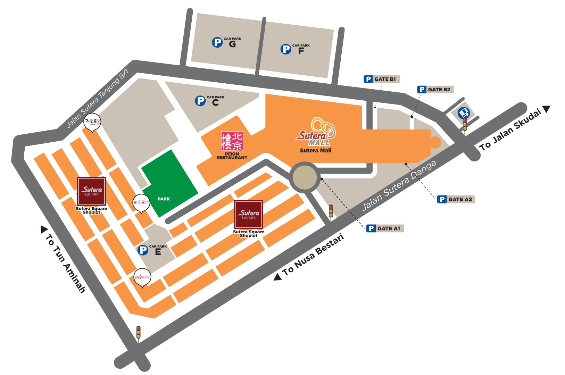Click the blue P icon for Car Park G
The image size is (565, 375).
[x=217, y=43]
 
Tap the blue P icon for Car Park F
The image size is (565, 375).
[x=286, y=49]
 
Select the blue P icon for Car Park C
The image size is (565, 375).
[x=200, y=101]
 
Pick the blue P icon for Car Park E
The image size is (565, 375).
[x=143, y=250]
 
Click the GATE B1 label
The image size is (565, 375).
[x=382, y=79]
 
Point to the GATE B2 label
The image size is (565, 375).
[x=435, y=90]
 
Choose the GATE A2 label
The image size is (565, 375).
[x=456, y=199]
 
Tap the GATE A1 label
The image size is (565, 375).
[x=385, y=228]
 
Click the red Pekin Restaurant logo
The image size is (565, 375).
[x=232, y=141]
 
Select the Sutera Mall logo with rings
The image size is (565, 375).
[x=316, y=132]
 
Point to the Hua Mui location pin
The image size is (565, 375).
[x=141, y=203]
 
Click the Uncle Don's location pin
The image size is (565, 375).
[x=142, y=277]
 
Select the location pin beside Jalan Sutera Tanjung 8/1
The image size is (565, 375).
[x=93, y=122]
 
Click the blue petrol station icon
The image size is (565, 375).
[x=464, y=112]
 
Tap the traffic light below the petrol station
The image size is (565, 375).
[x=465, y=125]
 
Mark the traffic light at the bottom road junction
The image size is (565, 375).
[x=138, y=332]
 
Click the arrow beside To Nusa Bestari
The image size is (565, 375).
[x=277, y=277]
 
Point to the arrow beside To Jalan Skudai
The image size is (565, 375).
[x=547, y=109]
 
